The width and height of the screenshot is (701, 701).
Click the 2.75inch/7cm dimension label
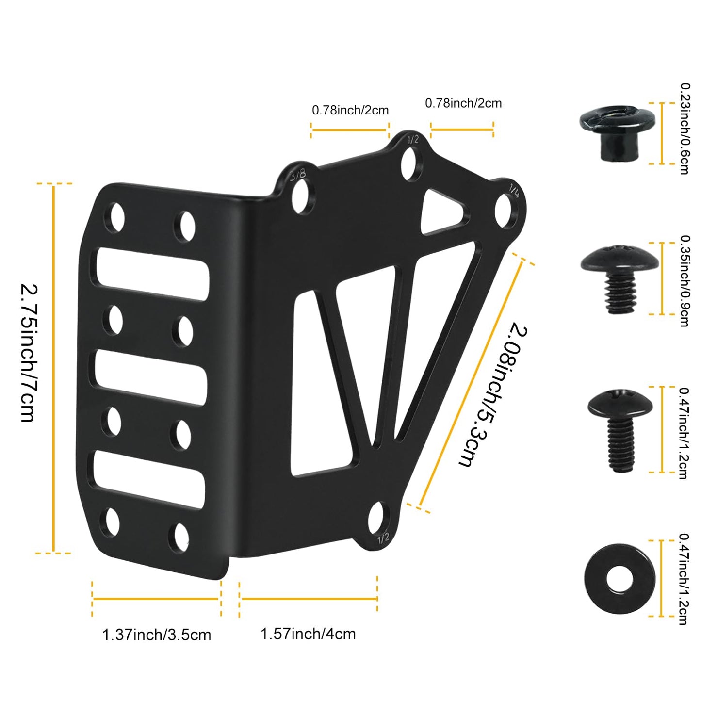(x=28, y=353)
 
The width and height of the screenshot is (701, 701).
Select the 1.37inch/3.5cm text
(x=156, y=635)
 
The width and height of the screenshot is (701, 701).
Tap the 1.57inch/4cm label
(x=308, y=634)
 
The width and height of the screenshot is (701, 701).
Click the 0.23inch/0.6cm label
(x=685, y=128)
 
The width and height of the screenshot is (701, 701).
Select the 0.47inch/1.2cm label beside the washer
(x=684, y=579)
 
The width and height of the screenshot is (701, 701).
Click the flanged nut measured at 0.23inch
(x=617, y=132)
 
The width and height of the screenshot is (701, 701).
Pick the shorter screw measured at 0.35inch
(x=620, y=278)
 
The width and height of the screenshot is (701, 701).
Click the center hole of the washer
(x=619, y=578)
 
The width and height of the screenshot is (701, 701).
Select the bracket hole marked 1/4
(x=505, y=211)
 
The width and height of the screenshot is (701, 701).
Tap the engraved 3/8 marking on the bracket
(x=298, y=175)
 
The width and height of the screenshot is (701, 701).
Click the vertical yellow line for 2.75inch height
(x=54, y=368)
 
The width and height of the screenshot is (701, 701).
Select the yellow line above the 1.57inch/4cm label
(x=309, y=599)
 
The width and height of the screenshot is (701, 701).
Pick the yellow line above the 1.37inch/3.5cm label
(x=156, y=599)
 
